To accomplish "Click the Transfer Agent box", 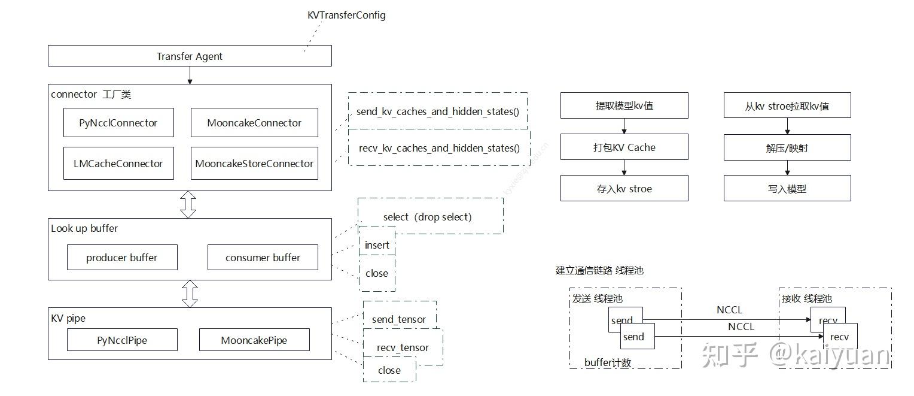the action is point(190,56).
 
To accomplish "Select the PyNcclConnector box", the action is point(118,123).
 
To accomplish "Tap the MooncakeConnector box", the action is point(254,123).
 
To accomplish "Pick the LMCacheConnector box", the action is point(118,163).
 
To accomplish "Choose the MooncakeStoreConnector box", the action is point(254,163).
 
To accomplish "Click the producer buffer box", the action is point(122,258).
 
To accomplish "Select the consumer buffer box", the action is point(263,258).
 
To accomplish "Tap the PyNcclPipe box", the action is point(122,340).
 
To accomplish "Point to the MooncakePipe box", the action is point(254,340).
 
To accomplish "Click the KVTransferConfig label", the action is point(346,15).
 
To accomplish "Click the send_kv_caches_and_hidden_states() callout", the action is point(438,111).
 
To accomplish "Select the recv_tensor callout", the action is point(403,347).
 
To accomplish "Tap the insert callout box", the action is point(377,244).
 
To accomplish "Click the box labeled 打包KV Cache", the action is point(624,147).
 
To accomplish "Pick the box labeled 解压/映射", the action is point(787,147).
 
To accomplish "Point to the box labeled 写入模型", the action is point(787,188).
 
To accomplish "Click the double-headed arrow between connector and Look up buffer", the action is point(188,204).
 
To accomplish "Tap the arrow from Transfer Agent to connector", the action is point(190,75).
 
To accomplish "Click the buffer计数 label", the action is point(608,362).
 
